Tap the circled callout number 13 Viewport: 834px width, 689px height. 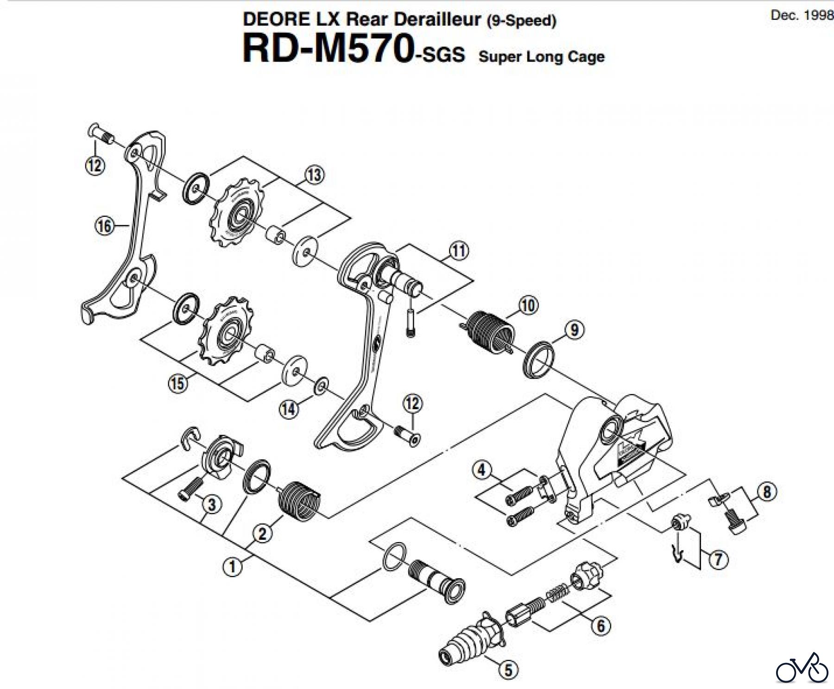pos(315,175)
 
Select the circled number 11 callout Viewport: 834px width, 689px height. pos(459,251)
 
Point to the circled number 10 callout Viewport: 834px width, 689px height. pos(528,305)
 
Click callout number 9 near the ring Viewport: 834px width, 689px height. pos(575,330)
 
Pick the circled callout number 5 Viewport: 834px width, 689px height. pos(508,670)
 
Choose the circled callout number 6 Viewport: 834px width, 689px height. pos(600,626)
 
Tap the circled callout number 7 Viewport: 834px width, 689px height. pos(718,559)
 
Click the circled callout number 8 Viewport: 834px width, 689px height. pos(767,492)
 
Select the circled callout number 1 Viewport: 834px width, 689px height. pos(233,566)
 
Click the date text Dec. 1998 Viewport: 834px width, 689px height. pos(801,15)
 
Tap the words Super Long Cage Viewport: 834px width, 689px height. pos(541,57)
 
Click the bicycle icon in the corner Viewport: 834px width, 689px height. pos(802,668)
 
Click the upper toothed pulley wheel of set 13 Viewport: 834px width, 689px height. pos(237,215)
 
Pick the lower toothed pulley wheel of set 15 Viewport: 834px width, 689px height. pos(225,333)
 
